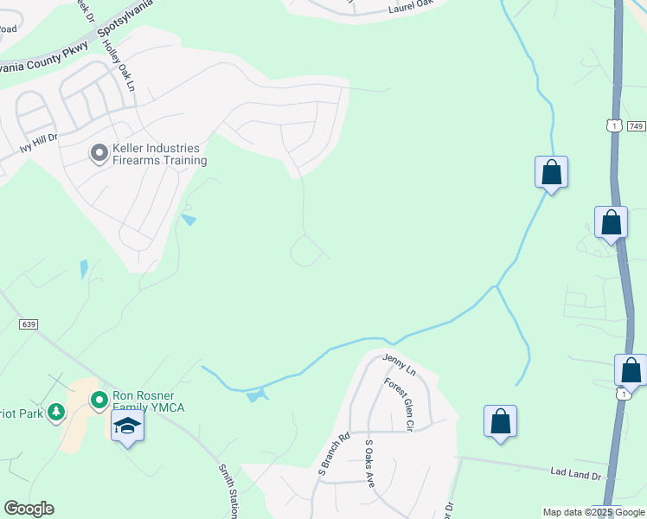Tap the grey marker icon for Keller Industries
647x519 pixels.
(x=99, y=154)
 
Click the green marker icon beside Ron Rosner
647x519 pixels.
(x=99, y=400)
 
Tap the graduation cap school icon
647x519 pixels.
(x=127, y=426)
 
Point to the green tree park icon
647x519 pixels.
(x=56, y=412)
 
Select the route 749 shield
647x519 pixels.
(x=636, y=126)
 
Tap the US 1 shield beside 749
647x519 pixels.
(x=614, y=126)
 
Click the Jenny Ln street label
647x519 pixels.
(x=400, y=364)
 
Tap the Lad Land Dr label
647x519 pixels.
(x=575, y=472)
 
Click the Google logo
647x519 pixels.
(x=29, y=509)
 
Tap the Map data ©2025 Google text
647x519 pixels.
(x=593, y=512)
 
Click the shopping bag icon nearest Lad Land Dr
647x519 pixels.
(x=500, y=421)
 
